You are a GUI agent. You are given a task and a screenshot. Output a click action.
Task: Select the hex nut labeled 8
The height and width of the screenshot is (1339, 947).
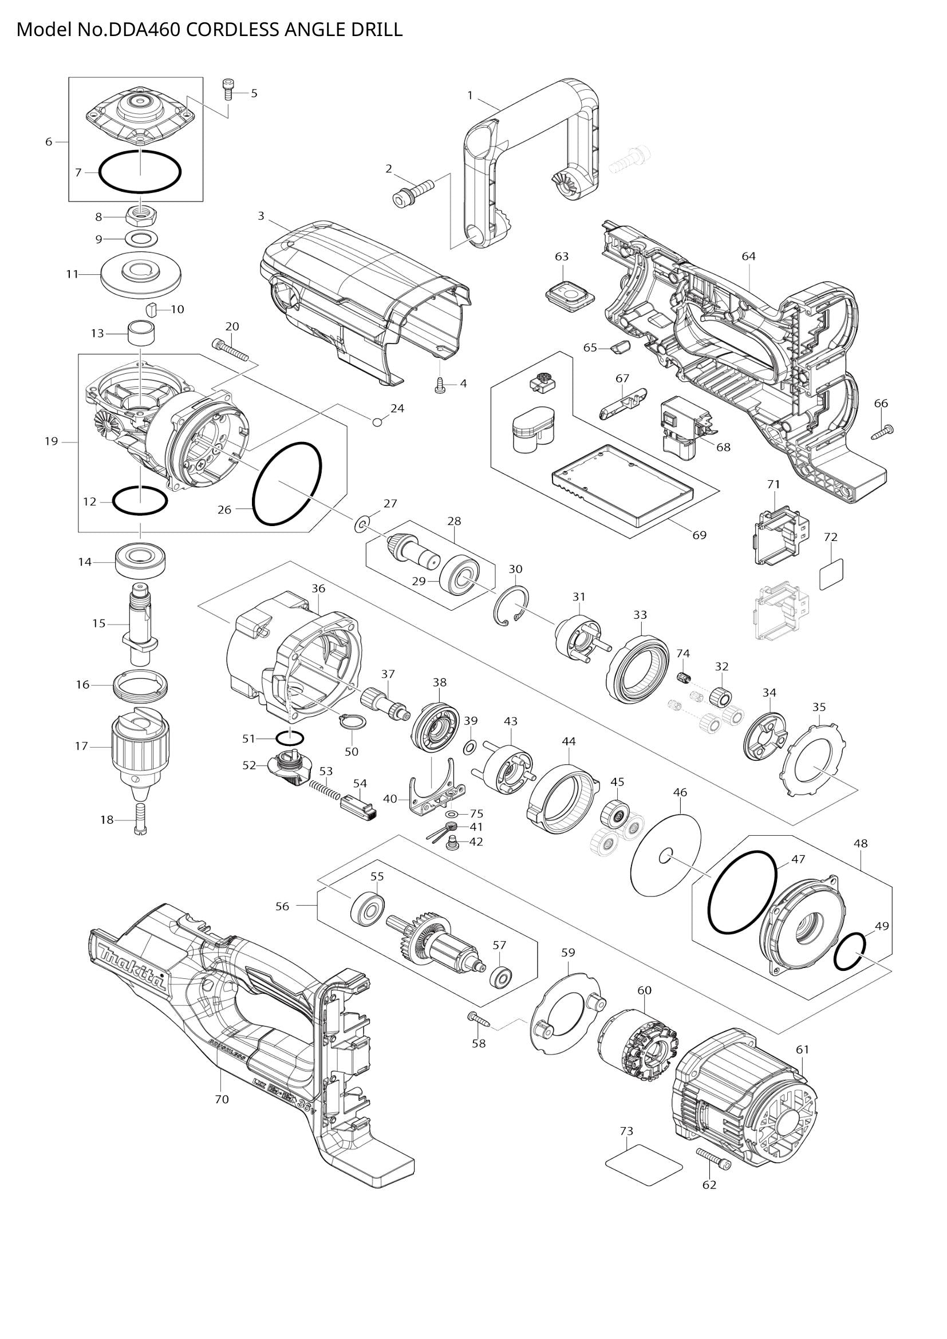pyautogui.click(x=140, y=216)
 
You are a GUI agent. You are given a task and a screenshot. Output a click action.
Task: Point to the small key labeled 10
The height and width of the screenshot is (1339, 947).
pyautogui.click(x=151, y=309)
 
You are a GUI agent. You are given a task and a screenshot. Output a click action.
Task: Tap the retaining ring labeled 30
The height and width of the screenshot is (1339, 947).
pyautogui.click(x=511, y=606)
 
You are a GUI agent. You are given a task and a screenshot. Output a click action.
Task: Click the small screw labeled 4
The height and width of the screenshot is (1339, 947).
pyautogui.click(x=441, y=385)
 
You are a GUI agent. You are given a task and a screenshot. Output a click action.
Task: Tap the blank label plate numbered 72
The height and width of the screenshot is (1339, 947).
pyautogui.click(x=831, y=574)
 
